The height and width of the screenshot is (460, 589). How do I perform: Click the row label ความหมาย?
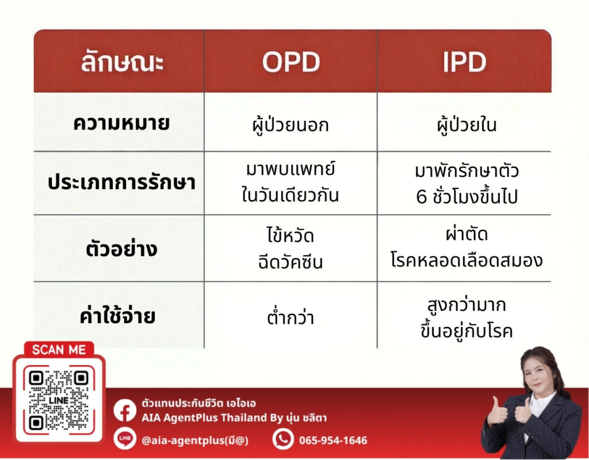tap(121, 123)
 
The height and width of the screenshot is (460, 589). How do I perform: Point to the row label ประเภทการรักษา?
tap(121, 182)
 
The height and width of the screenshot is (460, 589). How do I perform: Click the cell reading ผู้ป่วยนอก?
tap(290, 124)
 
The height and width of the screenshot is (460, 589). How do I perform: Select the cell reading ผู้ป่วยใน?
tap(466, 124)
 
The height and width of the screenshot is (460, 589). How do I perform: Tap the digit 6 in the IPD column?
tap(422, 197)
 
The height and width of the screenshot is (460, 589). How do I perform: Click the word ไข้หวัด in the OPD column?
tap(290, 235)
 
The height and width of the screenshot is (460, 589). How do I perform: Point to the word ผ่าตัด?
tap(467, 233)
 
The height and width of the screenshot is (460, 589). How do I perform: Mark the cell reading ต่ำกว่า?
tap(290, 317)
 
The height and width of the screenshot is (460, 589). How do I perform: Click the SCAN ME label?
tap(59, 350)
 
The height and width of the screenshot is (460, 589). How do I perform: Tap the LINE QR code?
tap(59, 400)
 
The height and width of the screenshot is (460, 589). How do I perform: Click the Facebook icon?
tap(125, 411)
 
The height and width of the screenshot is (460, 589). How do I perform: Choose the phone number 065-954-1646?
tap(333, 440)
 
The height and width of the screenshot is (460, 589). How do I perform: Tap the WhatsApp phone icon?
tap(283, 439)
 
